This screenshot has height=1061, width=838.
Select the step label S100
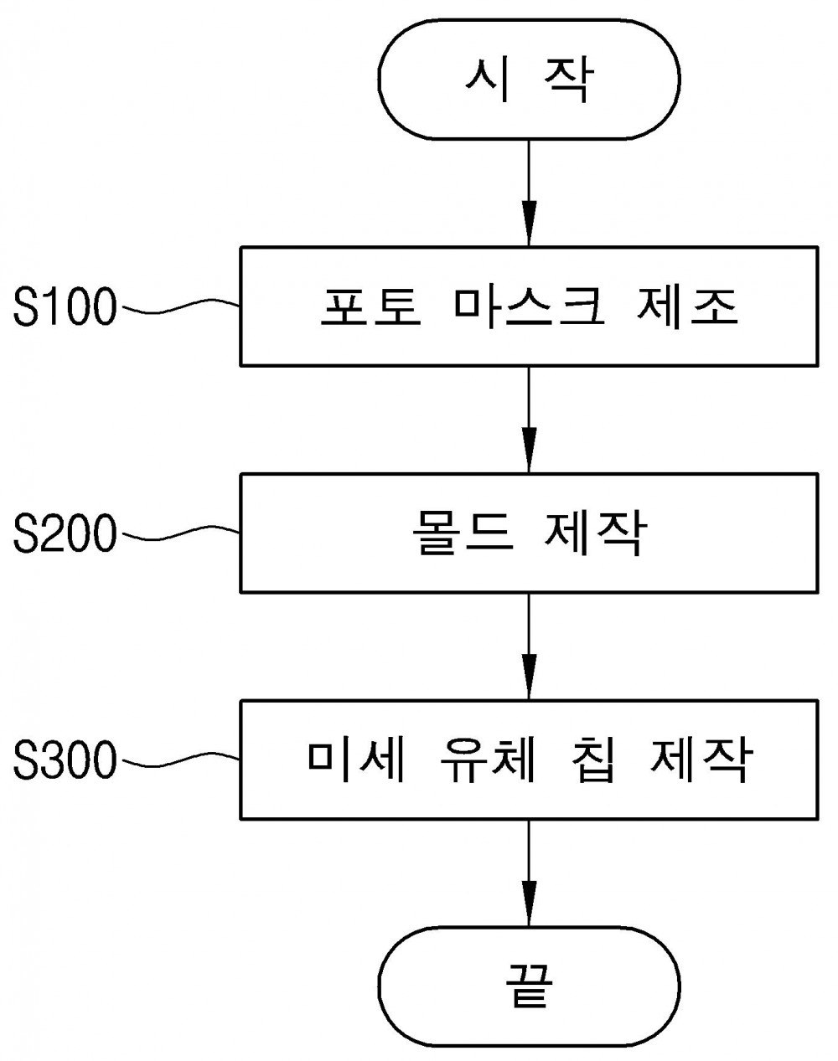point(65,306)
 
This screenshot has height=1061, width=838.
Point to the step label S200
point(65,533)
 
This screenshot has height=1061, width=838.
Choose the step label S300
point(65,760)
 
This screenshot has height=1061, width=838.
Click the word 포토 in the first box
point(371,307)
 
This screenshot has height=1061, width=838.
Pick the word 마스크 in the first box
point(529,307)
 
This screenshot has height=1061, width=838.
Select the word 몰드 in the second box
point(463,533)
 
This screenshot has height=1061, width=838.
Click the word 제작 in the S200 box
point(596,533)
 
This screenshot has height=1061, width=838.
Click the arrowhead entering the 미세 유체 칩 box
point(529,677)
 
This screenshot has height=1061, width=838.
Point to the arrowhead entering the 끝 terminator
point(529,904)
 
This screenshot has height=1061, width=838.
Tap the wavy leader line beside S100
point(181,306)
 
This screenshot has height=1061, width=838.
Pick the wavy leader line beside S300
point(181,760)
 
